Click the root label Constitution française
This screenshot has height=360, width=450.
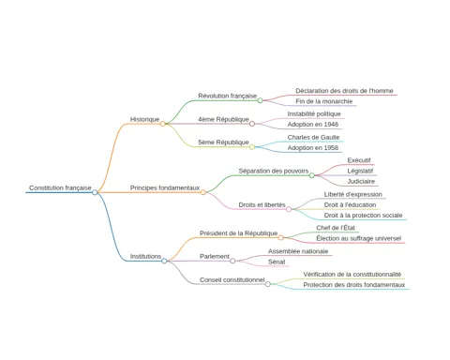60,187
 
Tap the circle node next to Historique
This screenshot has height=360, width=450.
162,124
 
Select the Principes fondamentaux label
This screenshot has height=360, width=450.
165,187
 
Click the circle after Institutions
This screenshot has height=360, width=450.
164,261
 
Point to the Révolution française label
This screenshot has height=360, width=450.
228,96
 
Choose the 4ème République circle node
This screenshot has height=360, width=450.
252,124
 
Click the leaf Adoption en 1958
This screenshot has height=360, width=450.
313,147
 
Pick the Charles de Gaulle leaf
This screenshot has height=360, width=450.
313,137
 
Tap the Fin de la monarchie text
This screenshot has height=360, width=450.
324,101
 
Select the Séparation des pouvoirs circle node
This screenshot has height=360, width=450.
312,175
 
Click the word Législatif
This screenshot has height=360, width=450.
360,171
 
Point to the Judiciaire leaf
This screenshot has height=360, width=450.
361,181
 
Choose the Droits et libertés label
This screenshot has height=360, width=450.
262,204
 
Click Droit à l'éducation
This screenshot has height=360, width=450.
350,204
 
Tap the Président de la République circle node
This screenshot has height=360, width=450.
280,237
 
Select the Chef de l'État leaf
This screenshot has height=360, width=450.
336,228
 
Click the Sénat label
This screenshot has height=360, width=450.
277,262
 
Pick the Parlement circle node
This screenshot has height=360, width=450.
232,261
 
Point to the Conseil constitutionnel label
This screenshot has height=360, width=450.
232,279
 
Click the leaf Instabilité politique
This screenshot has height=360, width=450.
314,113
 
